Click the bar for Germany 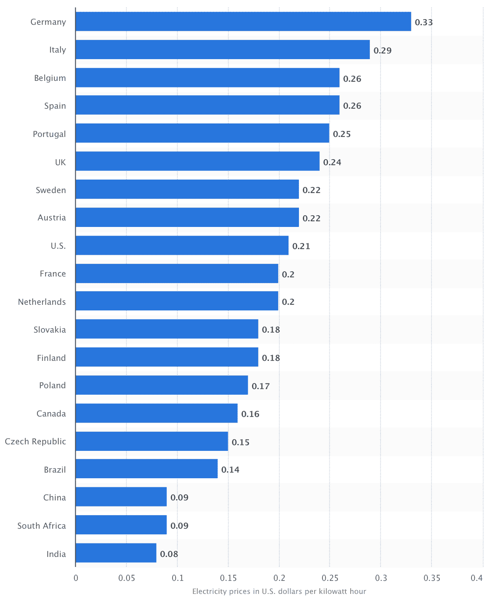[243, 22]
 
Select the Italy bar [222, 50]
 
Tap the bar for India [116, 553]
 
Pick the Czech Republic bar [152, 441]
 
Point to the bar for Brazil [146, 469]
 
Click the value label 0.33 [424, 22]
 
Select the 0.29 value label [382, 50]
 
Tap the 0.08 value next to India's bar [169, 554]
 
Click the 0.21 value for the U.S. [301, 246]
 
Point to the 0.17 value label [261, 386]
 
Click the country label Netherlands [42, 302]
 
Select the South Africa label [42, 526]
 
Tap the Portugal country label [50, 134]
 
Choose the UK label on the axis [60, 162]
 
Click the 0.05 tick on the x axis [126, 578]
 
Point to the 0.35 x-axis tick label [432, 578]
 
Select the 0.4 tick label [477, 578]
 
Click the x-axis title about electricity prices [279, 591]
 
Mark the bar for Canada [156, 413]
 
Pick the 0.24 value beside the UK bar [332, 162]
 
